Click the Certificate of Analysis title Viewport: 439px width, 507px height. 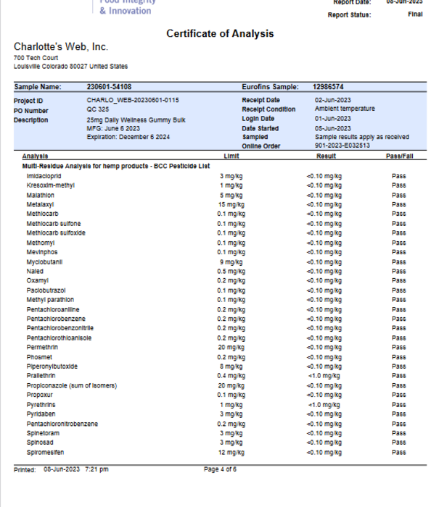point(220,34)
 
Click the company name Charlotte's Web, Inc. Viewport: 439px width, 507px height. point(61,47)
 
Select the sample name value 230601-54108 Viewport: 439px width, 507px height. point(109,87)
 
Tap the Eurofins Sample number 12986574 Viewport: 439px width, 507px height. point(328,87)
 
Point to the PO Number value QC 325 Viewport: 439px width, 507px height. point(98,109)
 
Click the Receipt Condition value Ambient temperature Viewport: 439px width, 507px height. point(345,109)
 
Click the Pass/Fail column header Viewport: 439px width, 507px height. point(399,156)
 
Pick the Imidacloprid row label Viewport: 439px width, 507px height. point(43,176)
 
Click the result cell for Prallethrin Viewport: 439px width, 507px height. point(324,376)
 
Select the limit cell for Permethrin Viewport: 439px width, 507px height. point(231,348)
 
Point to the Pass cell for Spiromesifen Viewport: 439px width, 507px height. point(398,452)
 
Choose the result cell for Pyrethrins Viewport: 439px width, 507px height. point(324,405)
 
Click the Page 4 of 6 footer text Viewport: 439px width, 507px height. point(220,469)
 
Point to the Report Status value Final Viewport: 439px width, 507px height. point(415,14)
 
